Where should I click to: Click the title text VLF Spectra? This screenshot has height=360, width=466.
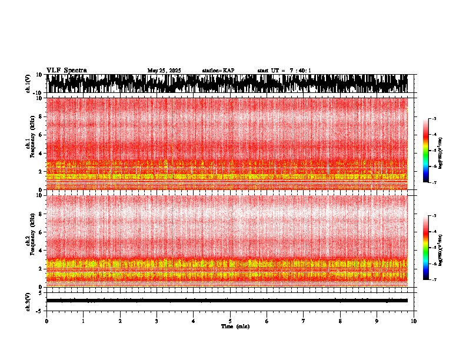click(x=66, y=71)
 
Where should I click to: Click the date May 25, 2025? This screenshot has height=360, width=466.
click(x=164, y=71)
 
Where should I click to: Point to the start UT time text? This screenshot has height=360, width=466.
click(x=284, y=71)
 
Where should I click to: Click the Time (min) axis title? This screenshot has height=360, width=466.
click(x=235, y=326)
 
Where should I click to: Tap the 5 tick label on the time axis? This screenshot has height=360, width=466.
click(x=231, y=321)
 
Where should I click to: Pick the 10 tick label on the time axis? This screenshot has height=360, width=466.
click(x=414, y=321)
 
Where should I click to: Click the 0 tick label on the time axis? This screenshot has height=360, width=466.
click(x=46, y=321)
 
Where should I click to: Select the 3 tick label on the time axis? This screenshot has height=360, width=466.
click(x=157, y=321)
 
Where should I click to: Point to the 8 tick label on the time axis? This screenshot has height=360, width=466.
click(x=341, y=321)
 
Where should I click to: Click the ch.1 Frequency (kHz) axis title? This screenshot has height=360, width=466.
click(x=29, y=144)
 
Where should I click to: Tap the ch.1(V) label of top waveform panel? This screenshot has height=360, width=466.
click(x=28, y=84)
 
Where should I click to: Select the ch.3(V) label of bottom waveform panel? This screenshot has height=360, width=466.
click(x=28, y=301)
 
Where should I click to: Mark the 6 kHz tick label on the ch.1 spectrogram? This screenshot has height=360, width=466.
click(x=41, y=135)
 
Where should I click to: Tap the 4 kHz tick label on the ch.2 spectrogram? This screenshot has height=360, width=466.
click(x=41, y=251)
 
